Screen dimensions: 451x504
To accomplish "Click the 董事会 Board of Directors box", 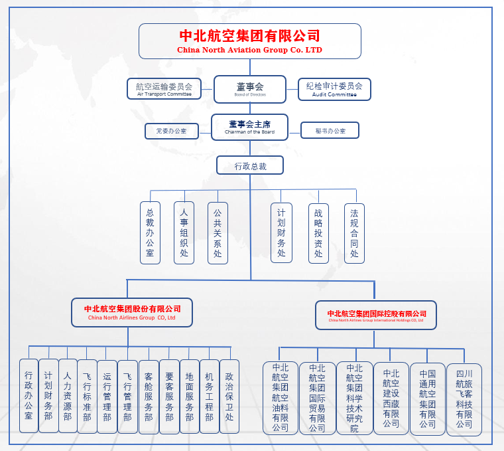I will click(x=249, y=89).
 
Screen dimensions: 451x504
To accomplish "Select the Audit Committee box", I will click(x=334, y=89).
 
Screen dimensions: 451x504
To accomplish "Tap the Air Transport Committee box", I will click(x=164, y=89).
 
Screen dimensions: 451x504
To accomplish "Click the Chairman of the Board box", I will click(x=249, y=127).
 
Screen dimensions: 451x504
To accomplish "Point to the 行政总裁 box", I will click(x=249, y=165).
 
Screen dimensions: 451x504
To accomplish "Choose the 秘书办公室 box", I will click(x=330, y=131).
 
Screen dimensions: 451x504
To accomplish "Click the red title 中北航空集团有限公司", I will click(x=249, y=36).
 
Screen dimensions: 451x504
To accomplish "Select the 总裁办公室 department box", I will click(x=150, y=232).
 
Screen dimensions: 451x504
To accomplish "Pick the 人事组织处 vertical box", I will click(x=184, y=232).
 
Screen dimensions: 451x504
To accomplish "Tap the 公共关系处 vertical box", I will click(x=218, y=232).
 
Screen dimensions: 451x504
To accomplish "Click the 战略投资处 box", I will click(x=318, y=232).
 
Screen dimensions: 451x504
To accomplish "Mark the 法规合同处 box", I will click(x=354, y=232).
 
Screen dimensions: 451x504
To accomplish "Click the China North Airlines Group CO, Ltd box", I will click(x=132, y=312).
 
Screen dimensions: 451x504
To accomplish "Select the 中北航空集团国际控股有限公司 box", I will click(x=376, y=314).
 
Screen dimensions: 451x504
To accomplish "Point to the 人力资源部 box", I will click(x=67, y=397).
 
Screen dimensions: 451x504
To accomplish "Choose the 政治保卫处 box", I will click(x=229, y=397).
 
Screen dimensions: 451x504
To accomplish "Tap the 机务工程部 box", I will click(x=210, y=397).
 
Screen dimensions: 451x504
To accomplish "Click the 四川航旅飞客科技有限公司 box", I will click(x=464, y=399).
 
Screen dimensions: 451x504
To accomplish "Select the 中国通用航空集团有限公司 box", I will click(x=427, y=399).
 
